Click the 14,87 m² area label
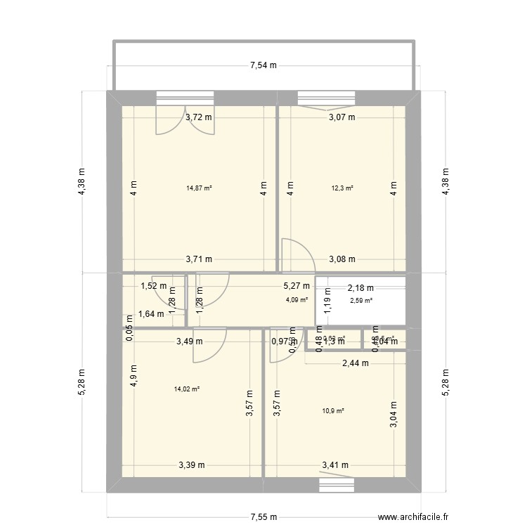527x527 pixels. pyautogui.click(x=199, y=188)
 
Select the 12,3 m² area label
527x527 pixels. pyautogui.click(x=342, y=188)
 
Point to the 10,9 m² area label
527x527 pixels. pyautogui.click(x=333, y=411)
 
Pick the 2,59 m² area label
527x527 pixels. pyautogui.click(x=361, y=301)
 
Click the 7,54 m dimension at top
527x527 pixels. pyautogui.click(x=263, y=66)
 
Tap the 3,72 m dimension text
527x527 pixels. pyautogui.click(x=199, y=117)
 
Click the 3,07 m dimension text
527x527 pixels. pyautogui.click(x=342, y=117)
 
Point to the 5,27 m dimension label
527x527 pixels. pyautogui.click(x=296, y=286)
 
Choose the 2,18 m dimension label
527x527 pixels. pyautogui.click(x=360, y=287)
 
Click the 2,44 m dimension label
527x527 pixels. pyautogui.click(x=356, y=363)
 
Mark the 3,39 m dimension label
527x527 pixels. pyautogui.click(x=192, y=464)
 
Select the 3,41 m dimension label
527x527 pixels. pyautogui.click(x=335, y=464)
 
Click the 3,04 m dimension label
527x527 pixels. pyautogui.click(x=393, y=410)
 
